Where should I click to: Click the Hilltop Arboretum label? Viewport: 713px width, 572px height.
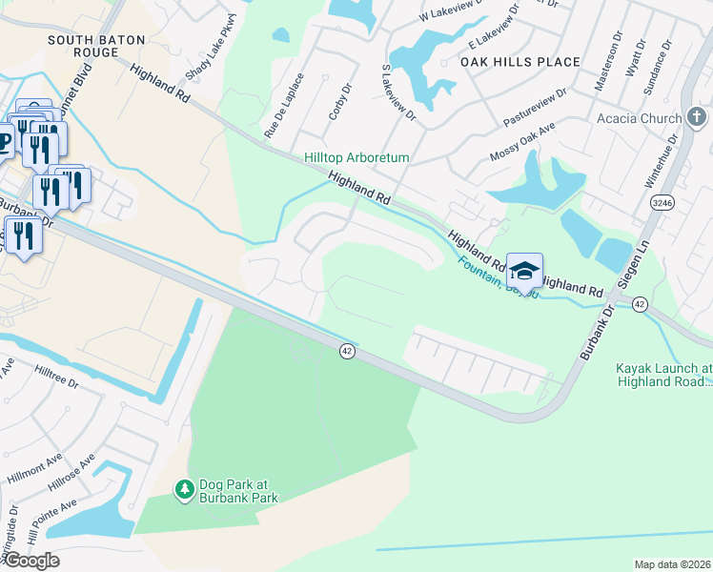click(x=356, y=157)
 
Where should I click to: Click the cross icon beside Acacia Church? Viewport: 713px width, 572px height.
click(x=700, y=117)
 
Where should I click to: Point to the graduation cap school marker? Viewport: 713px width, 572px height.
click(x=524, y=271)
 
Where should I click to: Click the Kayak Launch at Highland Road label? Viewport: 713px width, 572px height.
click(x=663, y=374)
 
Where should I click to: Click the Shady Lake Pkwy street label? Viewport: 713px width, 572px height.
click(x=211, y=51)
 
